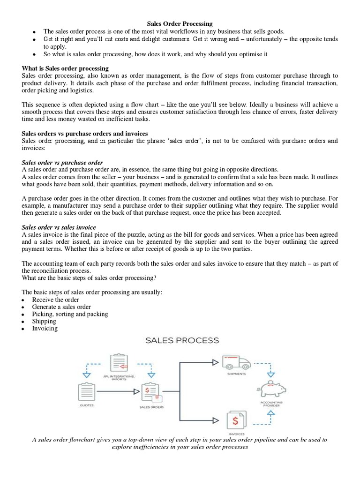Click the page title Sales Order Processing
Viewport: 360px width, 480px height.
180,23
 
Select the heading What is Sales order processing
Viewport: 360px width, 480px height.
65,68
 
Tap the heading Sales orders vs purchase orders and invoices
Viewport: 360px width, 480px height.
85,134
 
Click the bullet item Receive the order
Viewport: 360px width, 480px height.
55,300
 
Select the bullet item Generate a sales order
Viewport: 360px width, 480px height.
61,307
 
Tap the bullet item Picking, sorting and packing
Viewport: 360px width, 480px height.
70,314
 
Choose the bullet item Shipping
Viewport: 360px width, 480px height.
44,321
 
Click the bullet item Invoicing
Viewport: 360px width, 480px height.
45,329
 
